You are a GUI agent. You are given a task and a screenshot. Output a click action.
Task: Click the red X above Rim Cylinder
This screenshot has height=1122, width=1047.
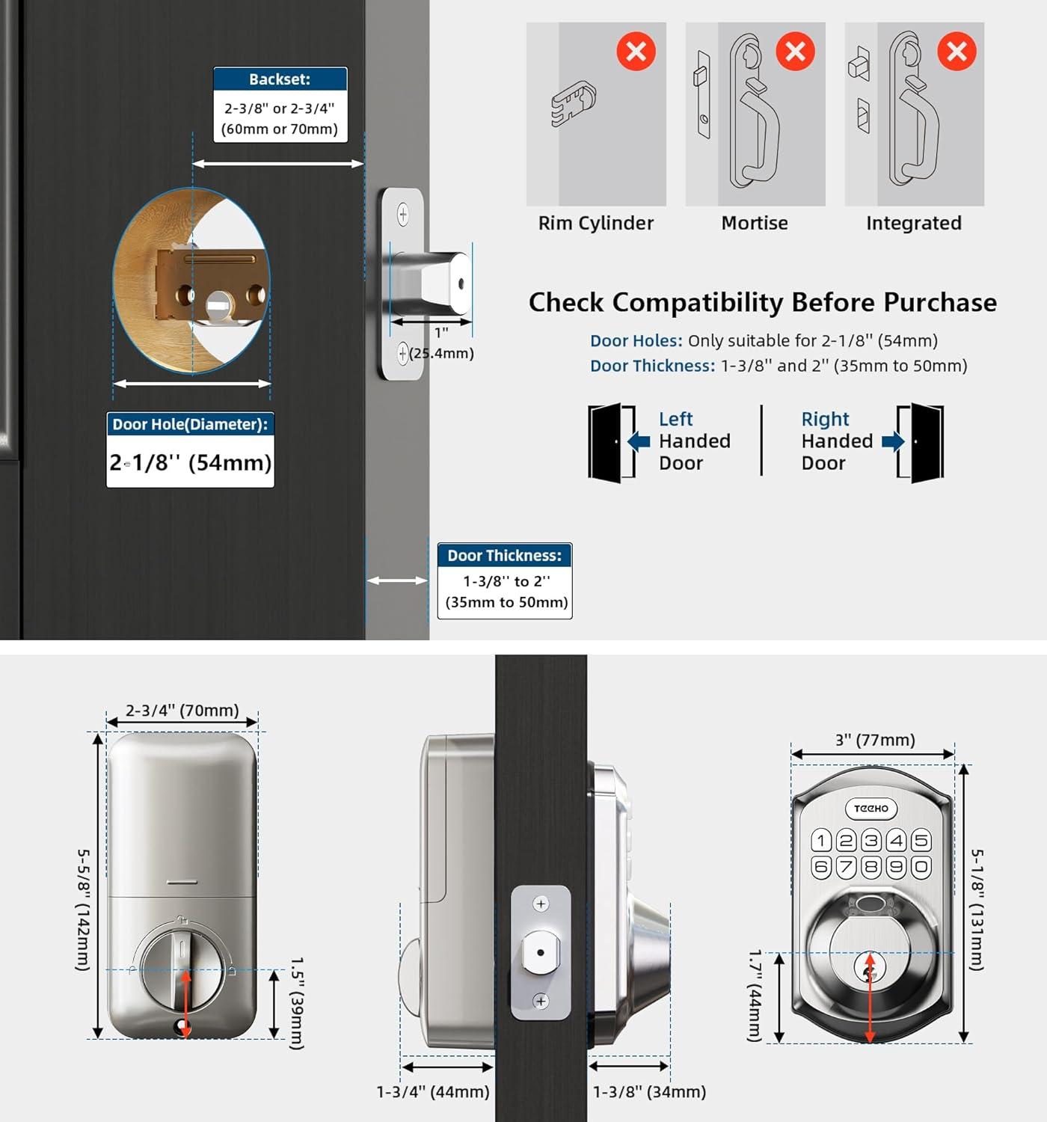click(x=636, y=52)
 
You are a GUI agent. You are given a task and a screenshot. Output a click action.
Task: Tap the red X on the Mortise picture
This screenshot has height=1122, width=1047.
click(x=795, y=52)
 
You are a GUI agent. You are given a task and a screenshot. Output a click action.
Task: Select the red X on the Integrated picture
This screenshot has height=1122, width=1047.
click(x=957, y=52)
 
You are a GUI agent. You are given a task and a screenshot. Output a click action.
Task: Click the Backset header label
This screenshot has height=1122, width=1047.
click(x=280, y=79)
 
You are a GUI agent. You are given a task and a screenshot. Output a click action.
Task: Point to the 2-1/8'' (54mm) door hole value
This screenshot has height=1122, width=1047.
click(x=190, y=462)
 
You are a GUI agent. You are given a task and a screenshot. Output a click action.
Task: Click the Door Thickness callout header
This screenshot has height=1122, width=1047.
click(x=504, y=556)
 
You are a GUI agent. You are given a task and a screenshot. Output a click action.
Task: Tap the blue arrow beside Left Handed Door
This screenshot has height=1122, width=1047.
click(x=639, y=441)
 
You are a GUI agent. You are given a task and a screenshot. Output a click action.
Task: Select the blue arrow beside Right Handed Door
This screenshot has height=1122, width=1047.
click(x=892, y=441)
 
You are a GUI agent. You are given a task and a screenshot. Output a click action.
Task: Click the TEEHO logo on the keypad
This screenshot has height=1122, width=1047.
click(x=871, y=809)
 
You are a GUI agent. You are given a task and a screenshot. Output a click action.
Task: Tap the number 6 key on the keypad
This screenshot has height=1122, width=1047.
click(x=821, y=867)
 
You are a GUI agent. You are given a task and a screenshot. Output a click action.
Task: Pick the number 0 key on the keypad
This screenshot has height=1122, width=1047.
click(x=921, y=867)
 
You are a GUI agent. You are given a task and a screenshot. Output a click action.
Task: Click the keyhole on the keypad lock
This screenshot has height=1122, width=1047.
click(x=869, y=970)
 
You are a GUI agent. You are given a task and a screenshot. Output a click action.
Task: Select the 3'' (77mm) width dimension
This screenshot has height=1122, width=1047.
click(x=875, y=740)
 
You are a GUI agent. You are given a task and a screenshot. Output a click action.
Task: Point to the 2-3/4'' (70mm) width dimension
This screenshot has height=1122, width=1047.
click(x=182, y=710)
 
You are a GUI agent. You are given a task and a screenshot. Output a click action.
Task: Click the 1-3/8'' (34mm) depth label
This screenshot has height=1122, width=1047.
click(x=649, y=1092)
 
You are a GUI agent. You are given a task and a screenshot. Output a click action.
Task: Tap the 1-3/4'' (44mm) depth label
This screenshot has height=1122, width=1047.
click(x=433, y=1092)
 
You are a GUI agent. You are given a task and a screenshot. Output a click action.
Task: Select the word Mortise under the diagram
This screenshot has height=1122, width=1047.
click(x=755, y=223)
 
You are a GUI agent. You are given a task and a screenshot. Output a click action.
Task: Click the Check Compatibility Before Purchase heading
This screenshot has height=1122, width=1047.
click(x=762, y=302)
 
